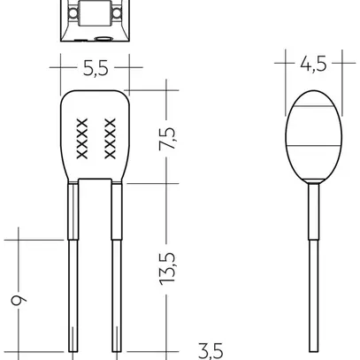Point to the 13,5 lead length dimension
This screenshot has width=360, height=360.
coord(168,267)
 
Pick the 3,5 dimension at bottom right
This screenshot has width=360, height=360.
coord(209,351)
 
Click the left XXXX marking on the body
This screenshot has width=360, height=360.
coord(82,138)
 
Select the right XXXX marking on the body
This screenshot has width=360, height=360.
coord(111,138)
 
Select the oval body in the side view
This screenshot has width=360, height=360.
coord(311,133)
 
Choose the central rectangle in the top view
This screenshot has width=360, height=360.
coord(94,14)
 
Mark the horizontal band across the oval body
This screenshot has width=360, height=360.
coord(311,143)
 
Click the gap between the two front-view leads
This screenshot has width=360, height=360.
coord(95,265)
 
